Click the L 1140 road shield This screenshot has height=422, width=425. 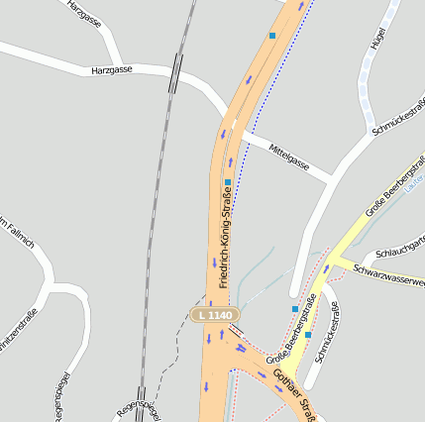tap(215, 315)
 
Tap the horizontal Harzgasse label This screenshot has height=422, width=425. tap(112, 71)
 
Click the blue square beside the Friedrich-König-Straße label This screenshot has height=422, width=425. tap(228, 183)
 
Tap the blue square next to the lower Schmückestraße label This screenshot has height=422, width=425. tap(308, 334)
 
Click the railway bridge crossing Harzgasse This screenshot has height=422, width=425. tap(174, 72)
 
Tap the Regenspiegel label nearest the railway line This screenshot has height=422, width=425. tap(136, 406)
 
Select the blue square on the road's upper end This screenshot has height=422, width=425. tap(272, 36)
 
